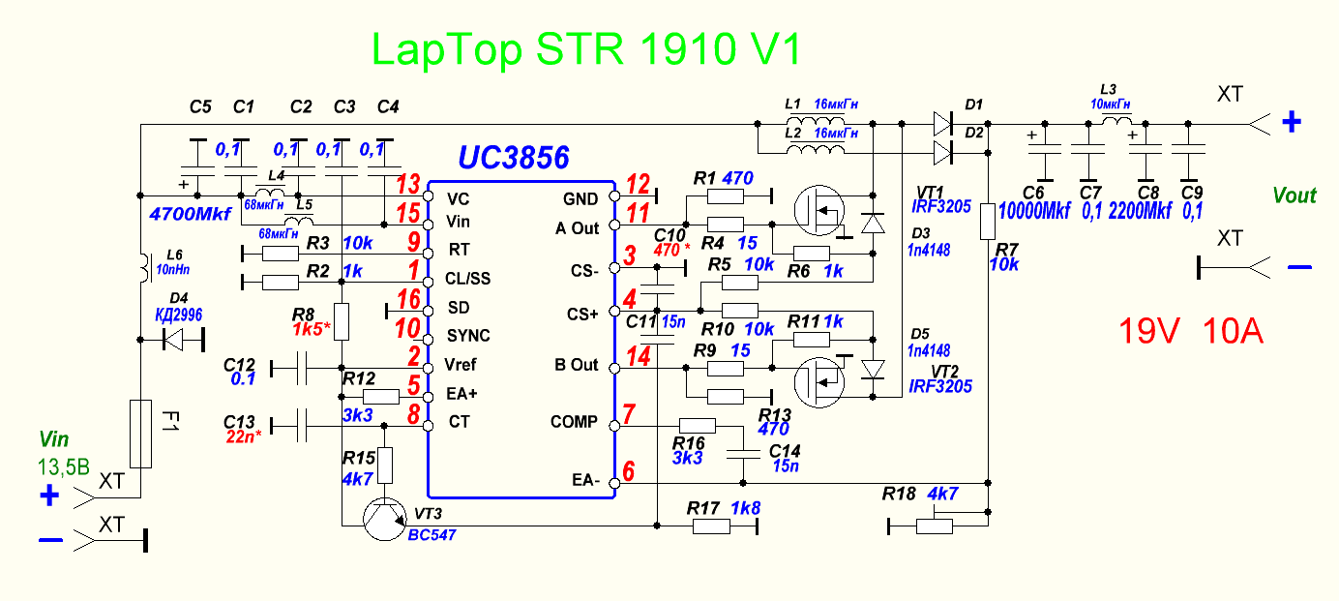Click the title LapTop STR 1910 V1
point(586,50)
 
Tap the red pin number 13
point(408,185)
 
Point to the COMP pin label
point(574,423)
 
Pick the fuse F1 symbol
point(140,434)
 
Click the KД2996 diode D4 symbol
point(175,340)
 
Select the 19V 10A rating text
point(1191,332)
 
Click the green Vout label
point(1294,195)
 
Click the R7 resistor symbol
point(988,222)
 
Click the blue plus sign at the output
point(1292,122)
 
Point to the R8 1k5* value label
point(312,330)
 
